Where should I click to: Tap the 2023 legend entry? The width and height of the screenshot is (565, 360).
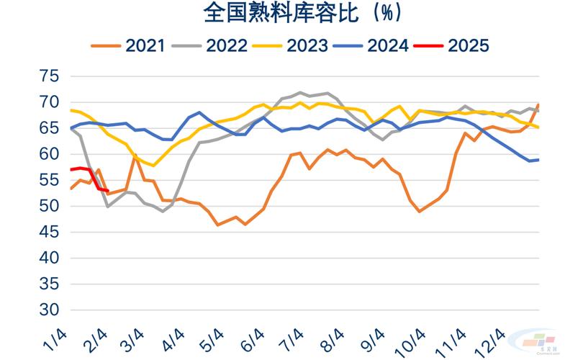tap(307, 45)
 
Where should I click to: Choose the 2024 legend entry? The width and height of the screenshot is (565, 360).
tap(387, 45)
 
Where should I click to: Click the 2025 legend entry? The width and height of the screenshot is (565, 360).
tap(468, 45)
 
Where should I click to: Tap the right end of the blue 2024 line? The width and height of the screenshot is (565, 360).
tap(539, 159)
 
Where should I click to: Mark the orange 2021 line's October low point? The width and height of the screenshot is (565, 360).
tap(420, 211)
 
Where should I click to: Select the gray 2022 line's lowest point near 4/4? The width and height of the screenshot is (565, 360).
tap(163, 211)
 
